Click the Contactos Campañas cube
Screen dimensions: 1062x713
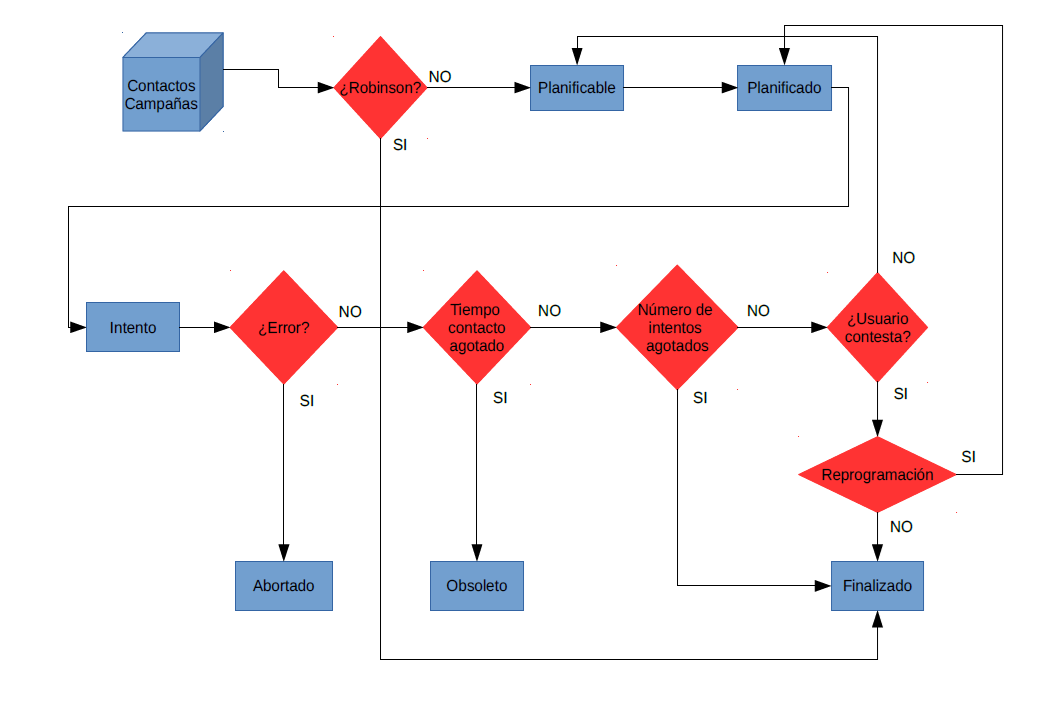[173, 82]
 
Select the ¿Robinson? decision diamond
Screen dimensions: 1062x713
[381, 87]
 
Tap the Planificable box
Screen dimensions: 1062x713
[576, 88]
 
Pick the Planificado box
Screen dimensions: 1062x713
[784, 88]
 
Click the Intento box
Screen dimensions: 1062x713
[133, 327]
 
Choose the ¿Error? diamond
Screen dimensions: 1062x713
[284, 328]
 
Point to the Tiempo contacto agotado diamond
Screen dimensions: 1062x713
[477, 328]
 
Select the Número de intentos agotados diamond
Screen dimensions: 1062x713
[677, 328]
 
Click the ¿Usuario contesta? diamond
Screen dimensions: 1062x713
[878, 328]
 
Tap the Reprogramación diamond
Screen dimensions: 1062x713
[878, 475]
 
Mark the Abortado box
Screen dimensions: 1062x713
[284, 586]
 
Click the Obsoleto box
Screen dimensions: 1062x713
[477, 586]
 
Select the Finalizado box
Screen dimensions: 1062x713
[878, 586]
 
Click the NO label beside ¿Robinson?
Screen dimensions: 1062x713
[440, 77]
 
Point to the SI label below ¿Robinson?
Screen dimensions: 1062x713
[400, 145]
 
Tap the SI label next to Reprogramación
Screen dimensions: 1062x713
[969, 457]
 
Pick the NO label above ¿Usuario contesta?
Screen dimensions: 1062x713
[904, 258]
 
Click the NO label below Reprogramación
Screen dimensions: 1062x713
[901, 527]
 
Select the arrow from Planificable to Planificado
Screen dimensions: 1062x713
[680, 88]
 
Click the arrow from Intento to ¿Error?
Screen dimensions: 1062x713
[205, 328]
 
